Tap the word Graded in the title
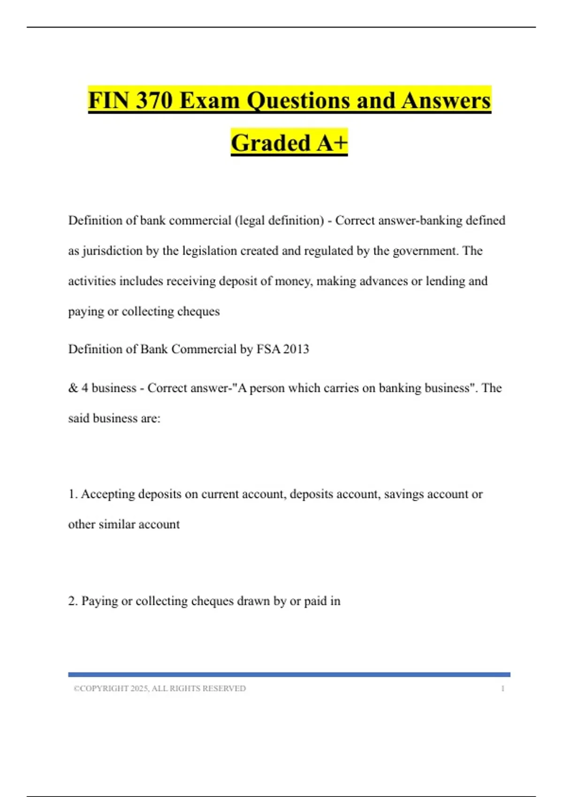coord(271,143)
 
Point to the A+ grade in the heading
coord(331,143)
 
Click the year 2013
coord(296,349)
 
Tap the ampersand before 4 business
coord(73,388)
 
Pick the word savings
coord(402,494)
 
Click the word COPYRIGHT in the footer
coord(104,689)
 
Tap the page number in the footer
coord(502,689)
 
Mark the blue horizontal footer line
coord(289,675)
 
